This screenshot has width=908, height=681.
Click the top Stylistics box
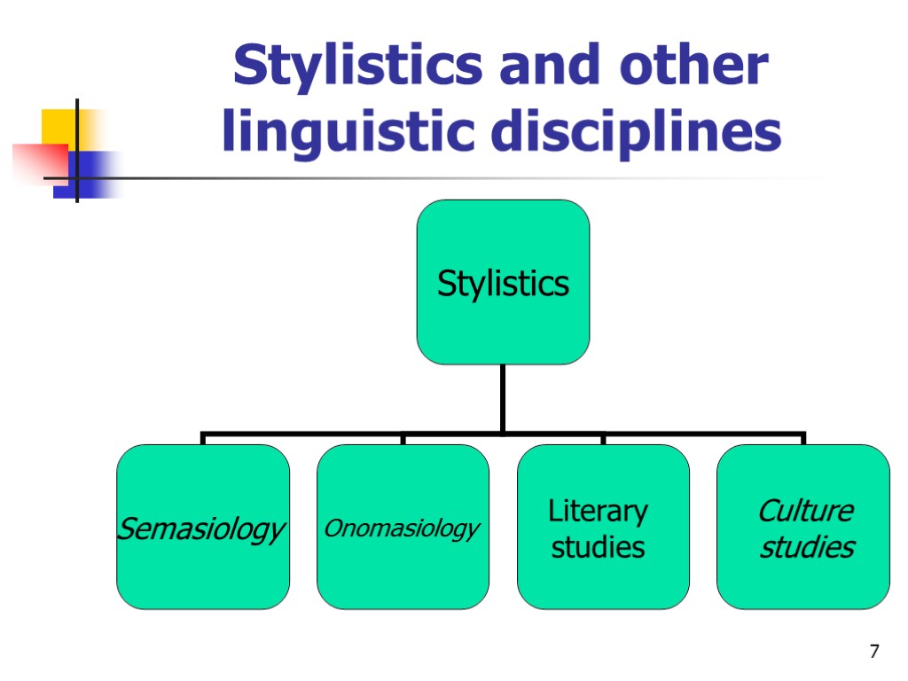503,282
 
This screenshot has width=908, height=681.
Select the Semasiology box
202,527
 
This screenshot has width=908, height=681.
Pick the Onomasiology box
403,527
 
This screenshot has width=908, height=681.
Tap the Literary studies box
603,527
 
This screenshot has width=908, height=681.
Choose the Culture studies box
803,527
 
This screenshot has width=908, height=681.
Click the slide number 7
874,653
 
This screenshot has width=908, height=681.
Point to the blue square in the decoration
93,174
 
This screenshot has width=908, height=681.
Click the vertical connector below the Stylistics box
503,399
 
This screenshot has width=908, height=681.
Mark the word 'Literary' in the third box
598,511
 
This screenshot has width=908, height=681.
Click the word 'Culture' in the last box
805,511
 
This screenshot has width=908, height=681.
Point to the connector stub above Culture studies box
803,439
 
